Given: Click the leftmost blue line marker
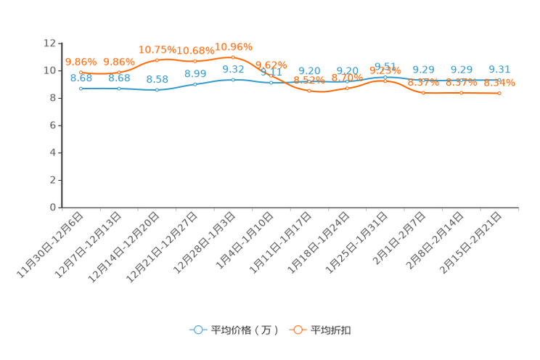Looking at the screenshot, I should pos(81,88).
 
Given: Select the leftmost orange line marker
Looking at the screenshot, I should pos(81,72).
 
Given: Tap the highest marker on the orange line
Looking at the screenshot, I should pos(233,57).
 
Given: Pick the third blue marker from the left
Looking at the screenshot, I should pos(157,90).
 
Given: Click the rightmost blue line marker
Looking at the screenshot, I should pos(499,79).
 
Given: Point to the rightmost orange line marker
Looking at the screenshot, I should pos(499,94).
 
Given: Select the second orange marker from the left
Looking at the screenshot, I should pos(119,72).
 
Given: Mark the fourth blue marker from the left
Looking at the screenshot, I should pos(195,84).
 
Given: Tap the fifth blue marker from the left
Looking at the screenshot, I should pos(233,78).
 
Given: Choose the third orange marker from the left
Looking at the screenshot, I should pos(157,60).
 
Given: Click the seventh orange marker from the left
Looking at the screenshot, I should pos(309,91).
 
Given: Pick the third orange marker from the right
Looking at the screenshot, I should pos(423,94).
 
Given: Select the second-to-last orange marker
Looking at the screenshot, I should pos(461,94).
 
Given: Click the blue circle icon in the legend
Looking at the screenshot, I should pos(197,330).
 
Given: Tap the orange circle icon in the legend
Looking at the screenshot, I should pos(297,330).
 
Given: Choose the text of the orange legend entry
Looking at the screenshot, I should pos(332,330).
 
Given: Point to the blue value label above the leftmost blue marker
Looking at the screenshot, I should pos(81,78).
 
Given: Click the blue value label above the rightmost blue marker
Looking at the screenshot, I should pos(499,69).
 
